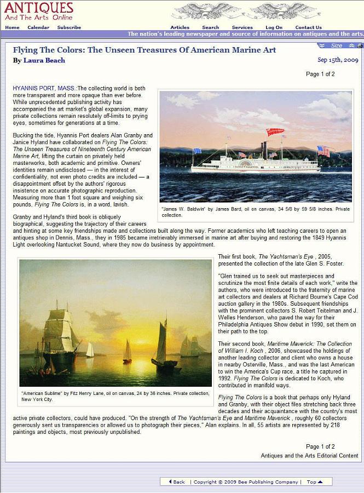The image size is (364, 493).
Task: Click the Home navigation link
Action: [x=12, y=27]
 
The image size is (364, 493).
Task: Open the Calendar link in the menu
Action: [x=38, y=27]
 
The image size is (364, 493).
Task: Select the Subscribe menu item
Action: [x=69, y=27]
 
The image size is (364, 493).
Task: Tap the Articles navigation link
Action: [x=180, y=27]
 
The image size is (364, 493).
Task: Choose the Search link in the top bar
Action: [x=210, y=27]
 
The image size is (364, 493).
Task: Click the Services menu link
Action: [x=242, y=27]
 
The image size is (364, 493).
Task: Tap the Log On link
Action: [x=274, y=27]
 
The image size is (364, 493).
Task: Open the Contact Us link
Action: [x=308, y=27]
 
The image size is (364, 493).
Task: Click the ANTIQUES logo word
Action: [x=38, y=8]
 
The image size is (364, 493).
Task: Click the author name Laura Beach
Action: [x=44, y=61]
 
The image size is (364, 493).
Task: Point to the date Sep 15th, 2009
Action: [x=338, y=60]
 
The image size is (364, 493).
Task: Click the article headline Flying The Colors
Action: [x=145, y=50]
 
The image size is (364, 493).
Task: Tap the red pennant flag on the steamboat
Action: [x=275, y=132]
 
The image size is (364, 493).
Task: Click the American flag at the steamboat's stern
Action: [x=323, y=151]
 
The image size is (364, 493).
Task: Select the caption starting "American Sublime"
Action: [x=115, y=396]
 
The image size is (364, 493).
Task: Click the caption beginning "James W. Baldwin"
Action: [x=255, y=211]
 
